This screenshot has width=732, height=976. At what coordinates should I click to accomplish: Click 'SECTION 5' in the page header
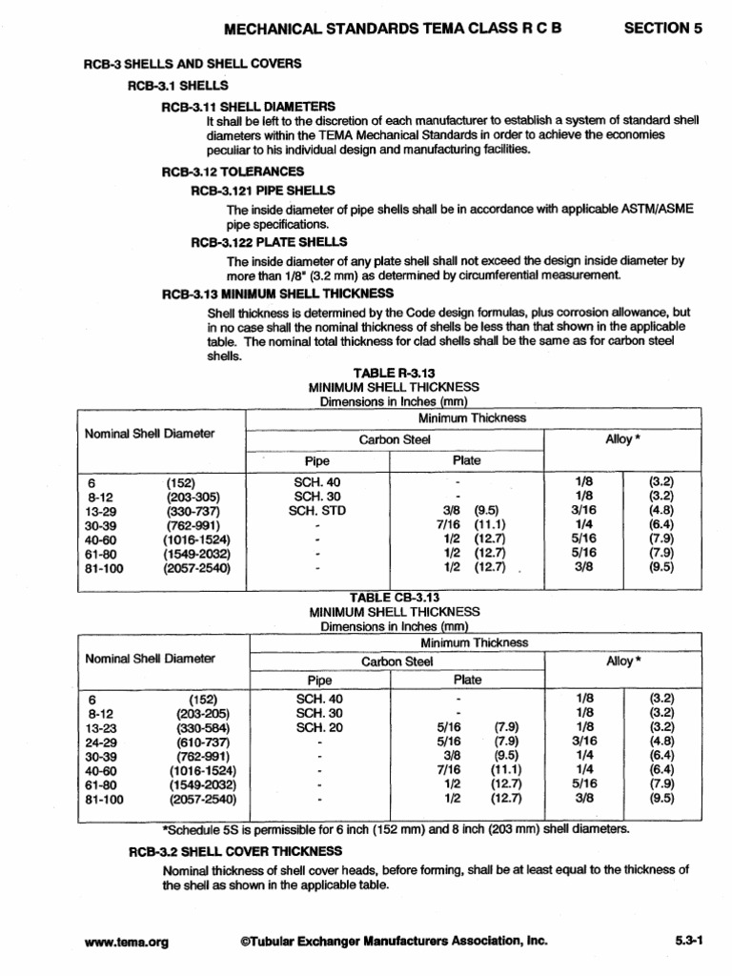[x=662, y=29]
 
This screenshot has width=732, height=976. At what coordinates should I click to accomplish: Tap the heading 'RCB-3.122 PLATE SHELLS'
[x=269, y=242]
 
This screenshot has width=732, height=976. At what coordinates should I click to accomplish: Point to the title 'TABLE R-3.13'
[x=394, y=373]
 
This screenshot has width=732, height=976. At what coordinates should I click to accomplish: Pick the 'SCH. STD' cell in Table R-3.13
[x=316, y=510]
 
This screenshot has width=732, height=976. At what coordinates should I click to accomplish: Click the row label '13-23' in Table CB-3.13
[x=102, y=726]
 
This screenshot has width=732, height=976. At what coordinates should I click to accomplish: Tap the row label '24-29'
[x=102, y=741]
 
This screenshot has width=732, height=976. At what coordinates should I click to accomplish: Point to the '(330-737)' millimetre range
[x=193, y=510]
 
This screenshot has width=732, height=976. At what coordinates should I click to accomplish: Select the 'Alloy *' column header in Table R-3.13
[x=622, y=440]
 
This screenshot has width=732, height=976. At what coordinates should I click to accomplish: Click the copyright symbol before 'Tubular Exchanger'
[x=246, y=941]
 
